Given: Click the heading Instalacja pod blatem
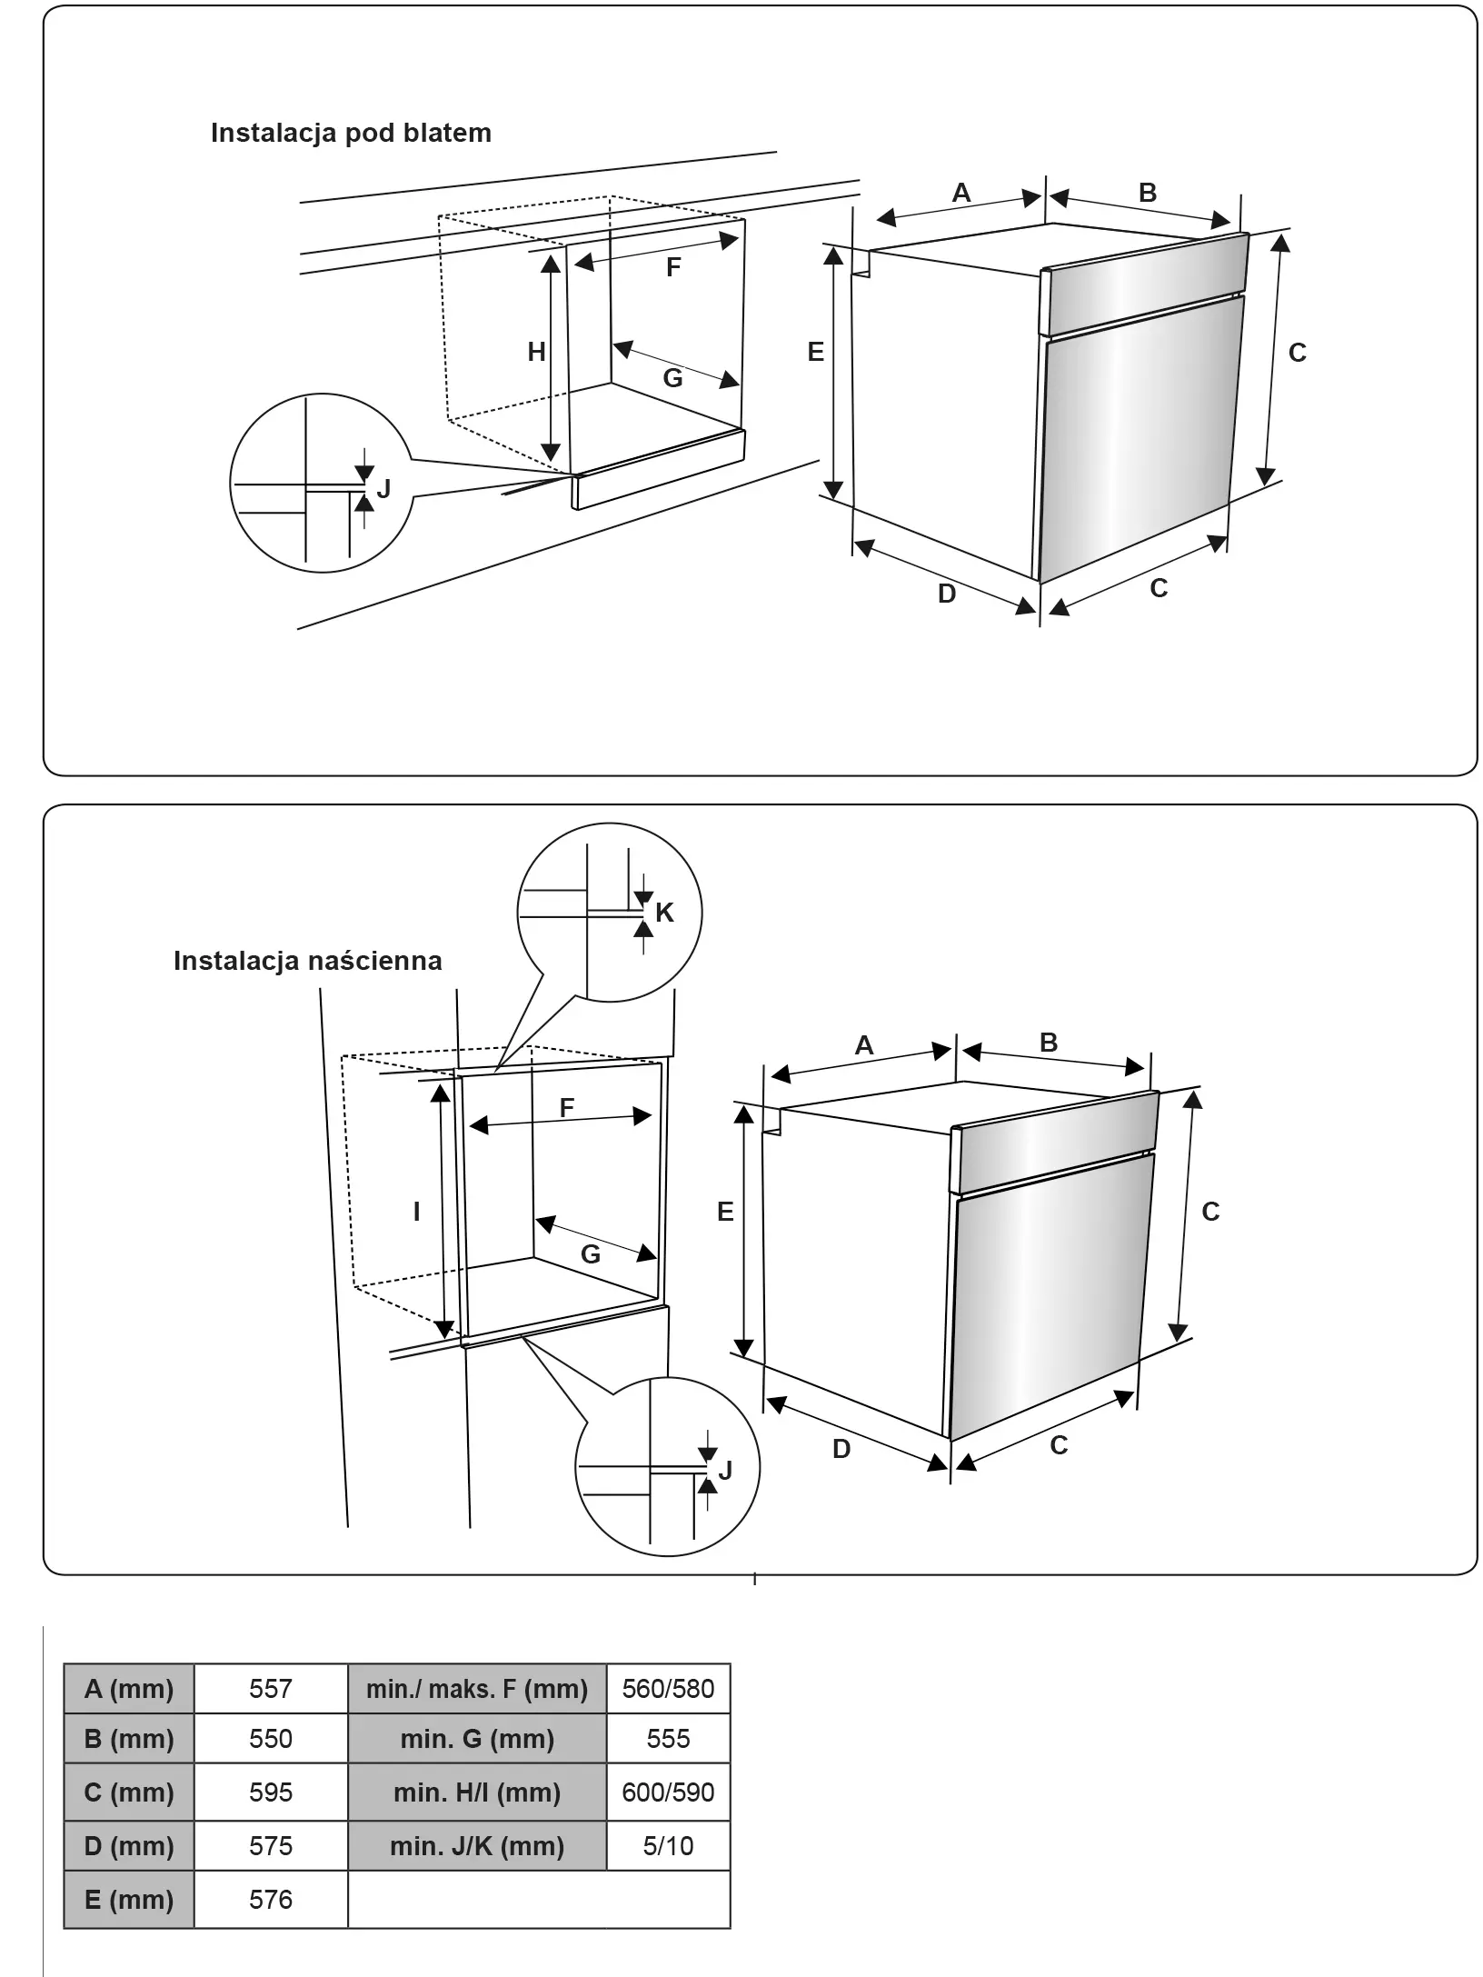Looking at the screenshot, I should point(351,133).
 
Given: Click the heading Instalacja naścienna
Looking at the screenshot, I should point(307,961).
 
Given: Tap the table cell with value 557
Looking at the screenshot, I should point(271,1689).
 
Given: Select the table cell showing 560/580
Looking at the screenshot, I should point(668,1689).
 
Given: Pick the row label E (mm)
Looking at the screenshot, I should point(129,1900).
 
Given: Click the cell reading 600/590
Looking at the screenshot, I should point(668,1792).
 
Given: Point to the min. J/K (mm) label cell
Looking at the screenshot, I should point(477,1846).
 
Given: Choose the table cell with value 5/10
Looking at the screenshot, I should point(668,1846).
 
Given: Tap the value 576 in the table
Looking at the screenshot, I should point(271,1900).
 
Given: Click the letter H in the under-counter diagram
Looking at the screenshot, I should point(537,352).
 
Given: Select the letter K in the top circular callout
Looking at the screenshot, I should point(664,913).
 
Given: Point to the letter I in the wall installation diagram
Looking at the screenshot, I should point(417,1211).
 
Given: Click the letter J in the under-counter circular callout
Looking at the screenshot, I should point(383,489).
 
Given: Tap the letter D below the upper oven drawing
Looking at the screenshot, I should point(947,594).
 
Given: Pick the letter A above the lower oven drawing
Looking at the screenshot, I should point(864,1045).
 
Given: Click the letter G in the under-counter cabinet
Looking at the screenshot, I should point(672,378).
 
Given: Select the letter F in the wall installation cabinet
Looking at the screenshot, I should point(567,1108).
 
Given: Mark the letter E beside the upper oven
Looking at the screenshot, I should point(816,352).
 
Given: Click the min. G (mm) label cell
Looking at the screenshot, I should point(477,1739).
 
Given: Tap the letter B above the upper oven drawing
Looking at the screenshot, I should point(1148,193).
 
